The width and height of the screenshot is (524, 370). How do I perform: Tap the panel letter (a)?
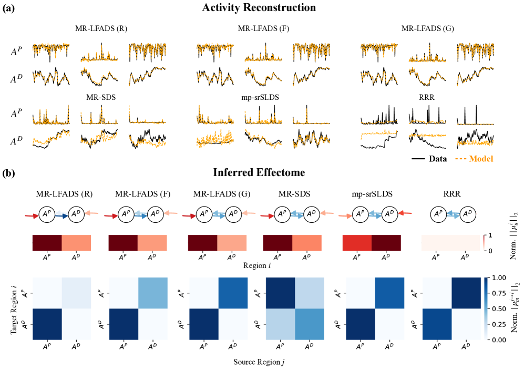coord(9,8)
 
